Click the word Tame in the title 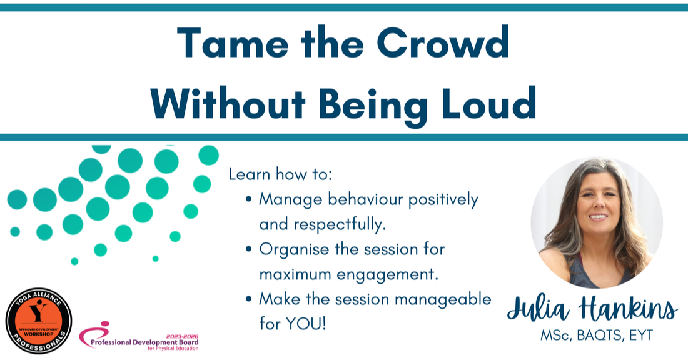point(233,42)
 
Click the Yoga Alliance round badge point(39,321)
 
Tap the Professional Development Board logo point(139,336)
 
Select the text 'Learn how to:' point(280,174)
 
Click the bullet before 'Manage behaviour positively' point(249,199)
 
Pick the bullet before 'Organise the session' point(249,249)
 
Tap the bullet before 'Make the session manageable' point(249,299)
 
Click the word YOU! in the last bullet point(306,324)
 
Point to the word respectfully point(340,224)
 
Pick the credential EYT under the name point(641,336)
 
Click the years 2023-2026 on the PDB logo point(182,336)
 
